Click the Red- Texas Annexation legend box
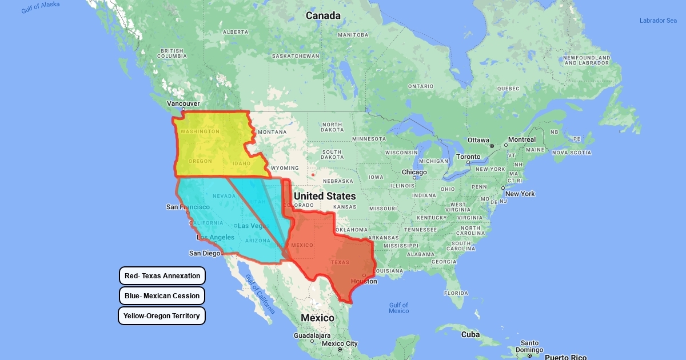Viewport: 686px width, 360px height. tap(162, 276)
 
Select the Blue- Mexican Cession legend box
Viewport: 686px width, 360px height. tap(162, 296)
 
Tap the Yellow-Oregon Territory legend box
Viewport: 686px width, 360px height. tap(162, 316)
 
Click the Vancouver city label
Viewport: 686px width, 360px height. tap(183, 103)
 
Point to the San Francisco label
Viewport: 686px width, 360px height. tap(188, 207)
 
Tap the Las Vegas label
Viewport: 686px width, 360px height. tap(254, 226)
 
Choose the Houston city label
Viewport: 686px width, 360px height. tap(364, 281)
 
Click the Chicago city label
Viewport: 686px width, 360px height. tap(414, 172)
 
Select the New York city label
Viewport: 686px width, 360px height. tap(520, 194)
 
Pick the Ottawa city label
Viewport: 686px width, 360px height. tap(478, 140)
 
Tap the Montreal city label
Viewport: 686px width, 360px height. tap(521, 139)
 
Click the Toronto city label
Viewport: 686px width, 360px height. tap(468, 157)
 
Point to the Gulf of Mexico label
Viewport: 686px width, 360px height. tap(398, 308)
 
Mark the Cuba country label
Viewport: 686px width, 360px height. tap(470, 334)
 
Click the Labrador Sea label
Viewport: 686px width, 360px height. tap(658, 21)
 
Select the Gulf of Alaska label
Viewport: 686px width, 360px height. tap(41, 7)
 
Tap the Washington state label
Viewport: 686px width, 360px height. tap(200, 131)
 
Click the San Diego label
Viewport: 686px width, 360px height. tap(205, 253)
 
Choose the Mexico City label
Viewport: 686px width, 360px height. tap(340, 343)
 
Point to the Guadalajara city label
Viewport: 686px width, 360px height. tap(312, 335)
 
